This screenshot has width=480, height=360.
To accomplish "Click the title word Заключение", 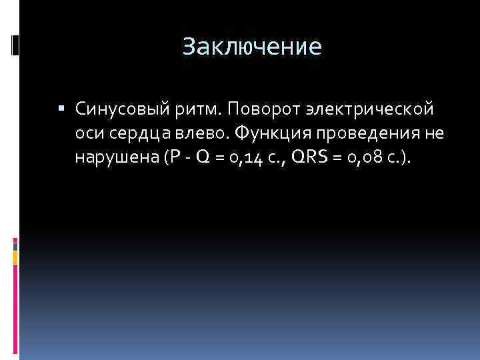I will coord(252,46).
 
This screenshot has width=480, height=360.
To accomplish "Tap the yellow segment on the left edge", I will coord(15,257).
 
